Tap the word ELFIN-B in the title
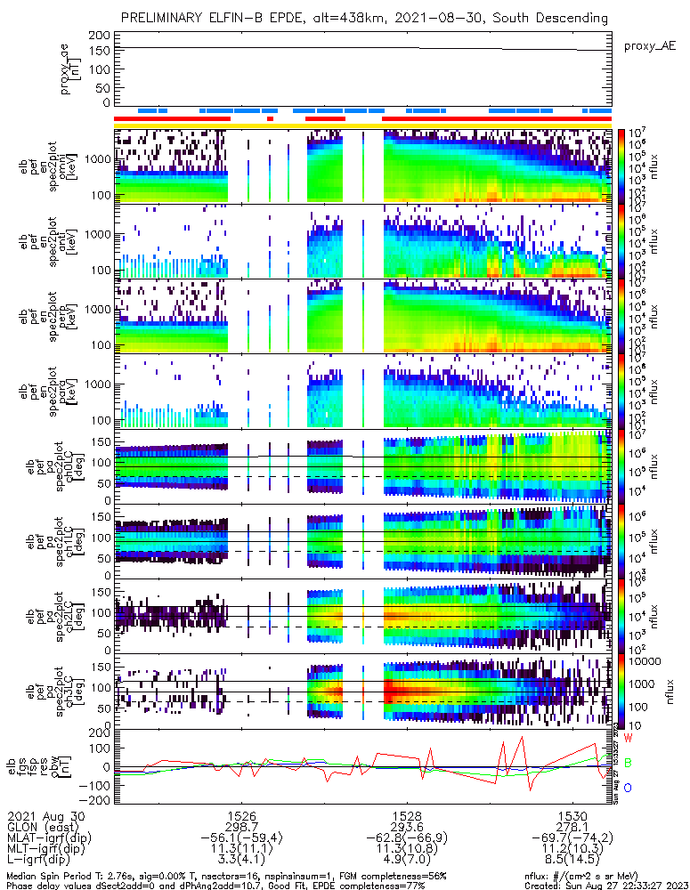pos(225,18)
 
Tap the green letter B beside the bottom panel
pos(628,763)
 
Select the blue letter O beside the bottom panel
pos(628,788)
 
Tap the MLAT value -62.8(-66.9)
pos(407,838)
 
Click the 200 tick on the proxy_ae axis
pos(100,35)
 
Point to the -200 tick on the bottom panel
pos(95,800)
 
